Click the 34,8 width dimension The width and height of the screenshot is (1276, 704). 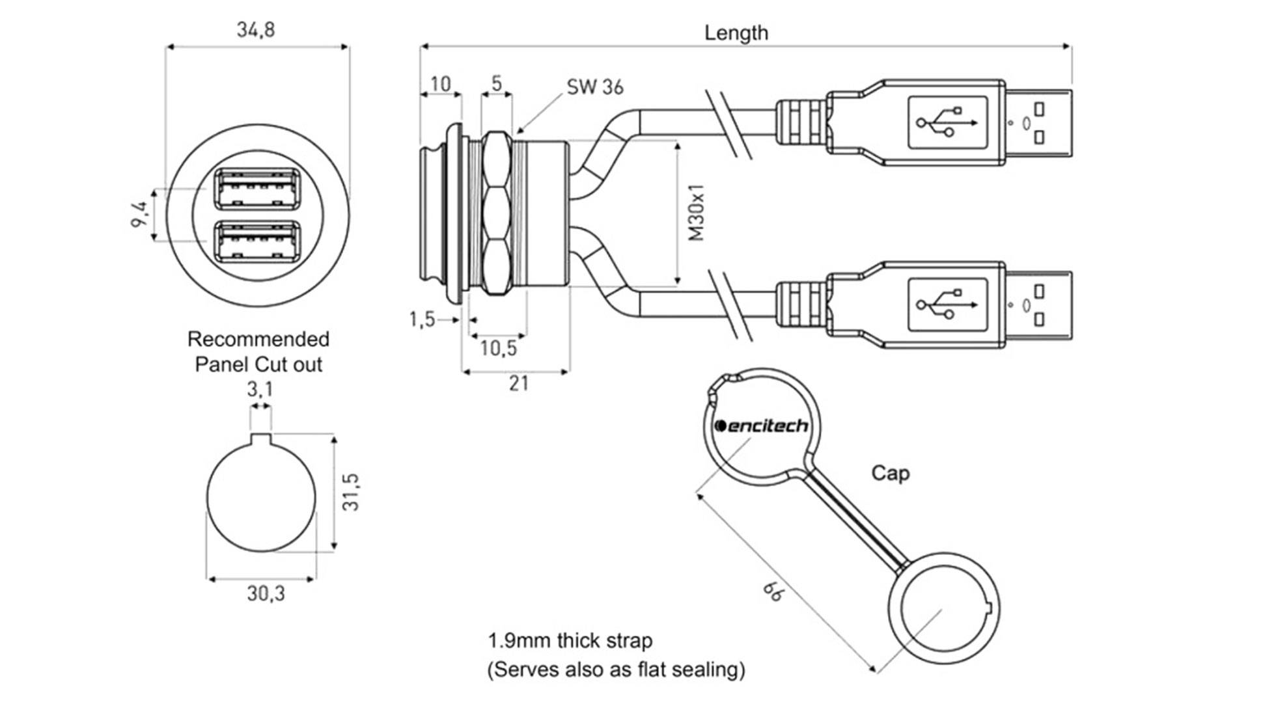256,30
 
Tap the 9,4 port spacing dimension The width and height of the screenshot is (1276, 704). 139,215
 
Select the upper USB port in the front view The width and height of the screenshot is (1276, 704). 258,189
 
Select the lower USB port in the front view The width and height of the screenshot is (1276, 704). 258,242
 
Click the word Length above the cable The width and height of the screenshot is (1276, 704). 736,33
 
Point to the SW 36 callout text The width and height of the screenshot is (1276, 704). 594,87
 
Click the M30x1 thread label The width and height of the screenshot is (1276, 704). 697,213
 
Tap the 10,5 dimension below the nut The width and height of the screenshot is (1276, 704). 498,349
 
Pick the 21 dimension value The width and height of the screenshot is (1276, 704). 518,384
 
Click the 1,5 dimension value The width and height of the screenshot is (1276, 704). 422,319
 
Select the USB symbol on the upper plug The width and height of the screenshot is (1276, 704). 947,122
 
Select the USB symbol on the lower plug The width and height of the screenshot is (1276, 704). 947,305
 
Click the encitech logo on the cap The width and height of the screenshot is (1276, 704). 761,426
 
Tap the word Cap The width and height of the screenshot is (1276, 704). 890,473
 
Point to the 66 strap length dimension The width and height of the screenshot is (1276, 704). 774,591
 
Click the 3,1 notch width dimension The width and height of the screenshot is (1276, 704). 260,390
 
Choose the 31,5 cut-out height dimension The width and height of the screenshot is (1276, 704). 351,492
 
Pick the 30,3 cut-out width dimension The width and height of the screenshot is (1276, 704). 266,593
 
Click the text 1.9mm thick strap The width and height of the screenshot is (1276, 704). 570,641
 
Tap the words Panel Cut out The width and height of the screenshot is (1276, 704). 258,364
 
